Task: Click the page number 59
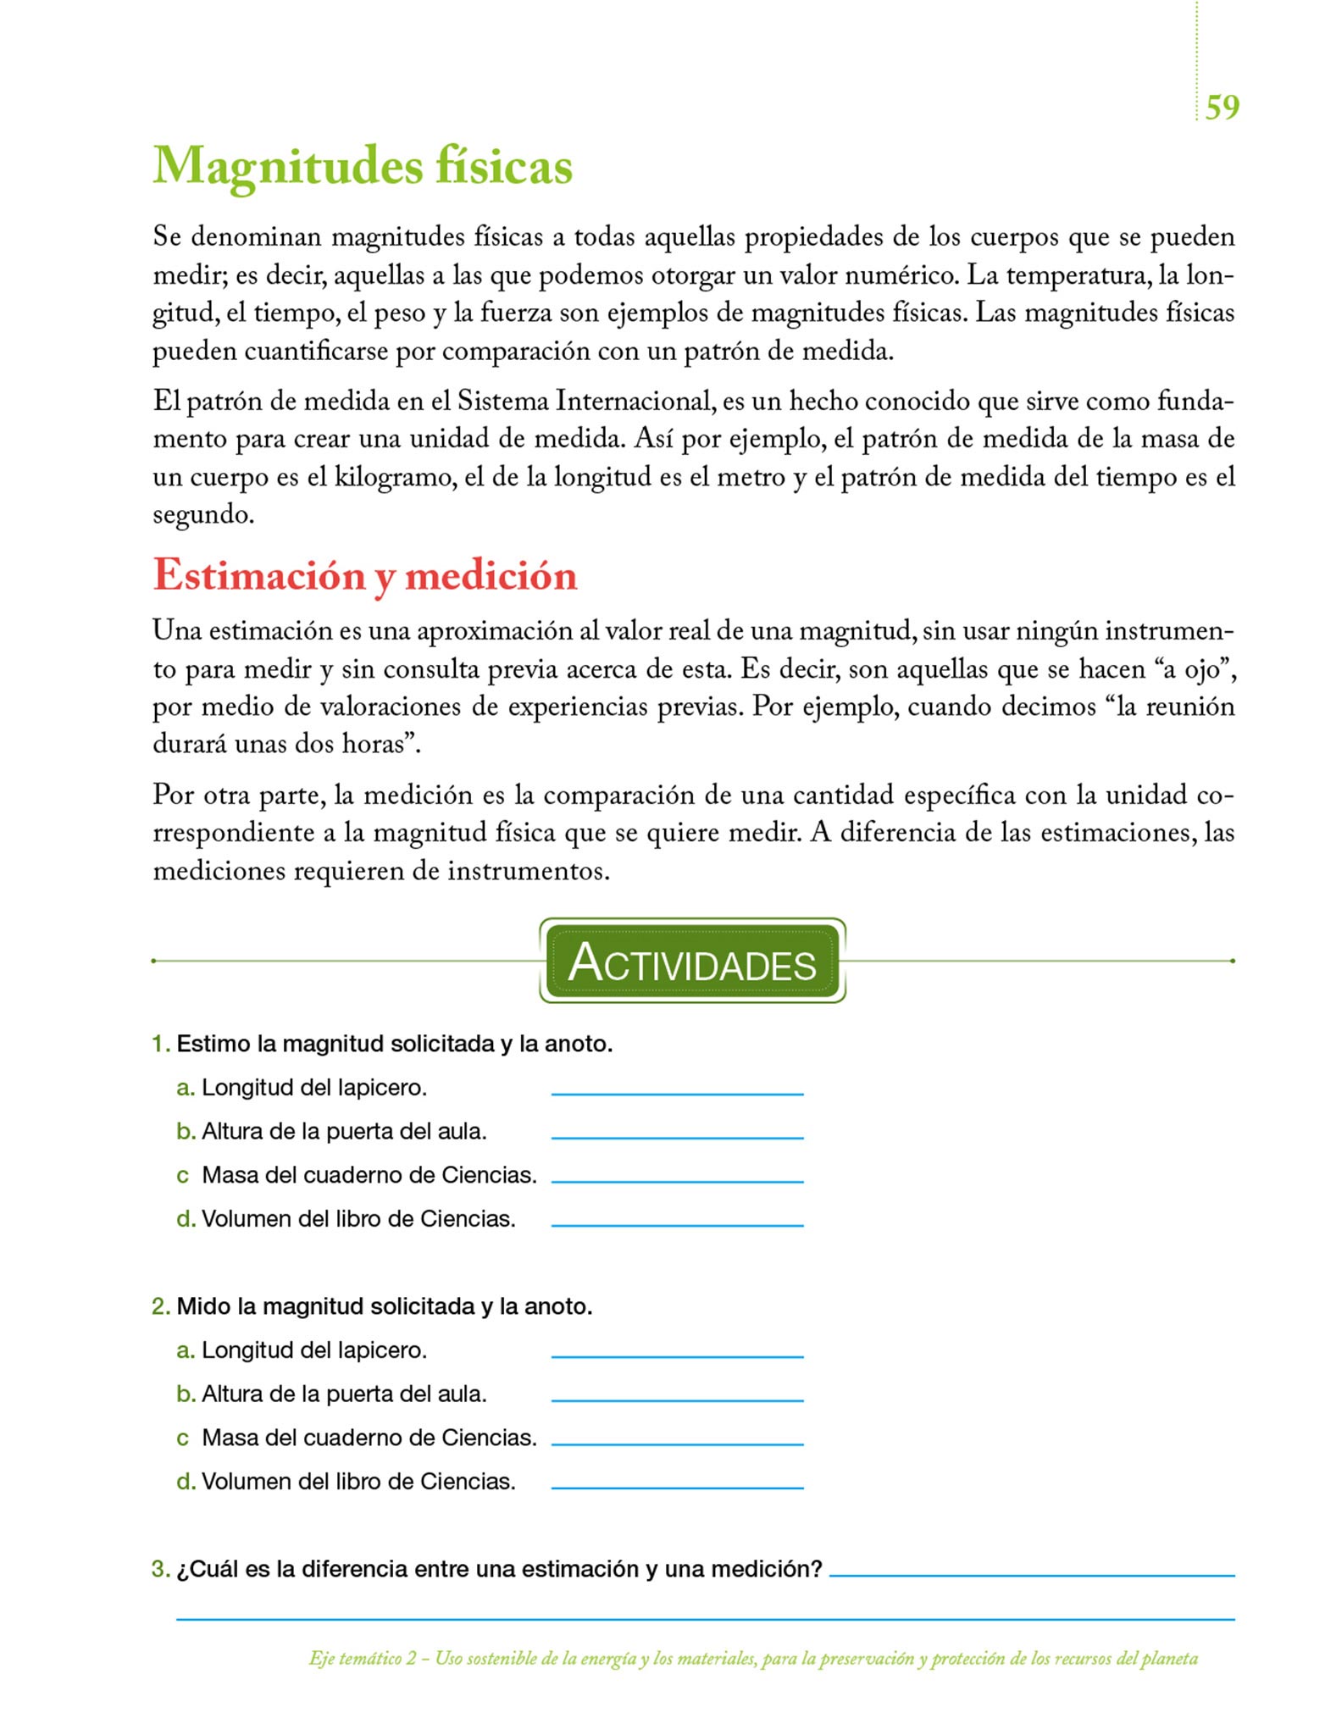1222,108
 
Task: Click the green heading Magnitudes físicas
363,166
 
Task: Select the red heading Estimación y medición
365,576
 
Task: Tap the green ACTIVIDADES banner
692,962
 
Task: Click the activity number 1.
160,1044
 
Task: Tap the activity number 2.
160,1306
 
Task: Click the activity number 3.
160,1569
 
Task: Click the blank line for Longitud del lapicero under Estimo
677,1092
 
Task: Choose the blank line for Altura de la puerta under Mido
677,1399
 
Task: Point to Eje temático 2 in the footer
363,1659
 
